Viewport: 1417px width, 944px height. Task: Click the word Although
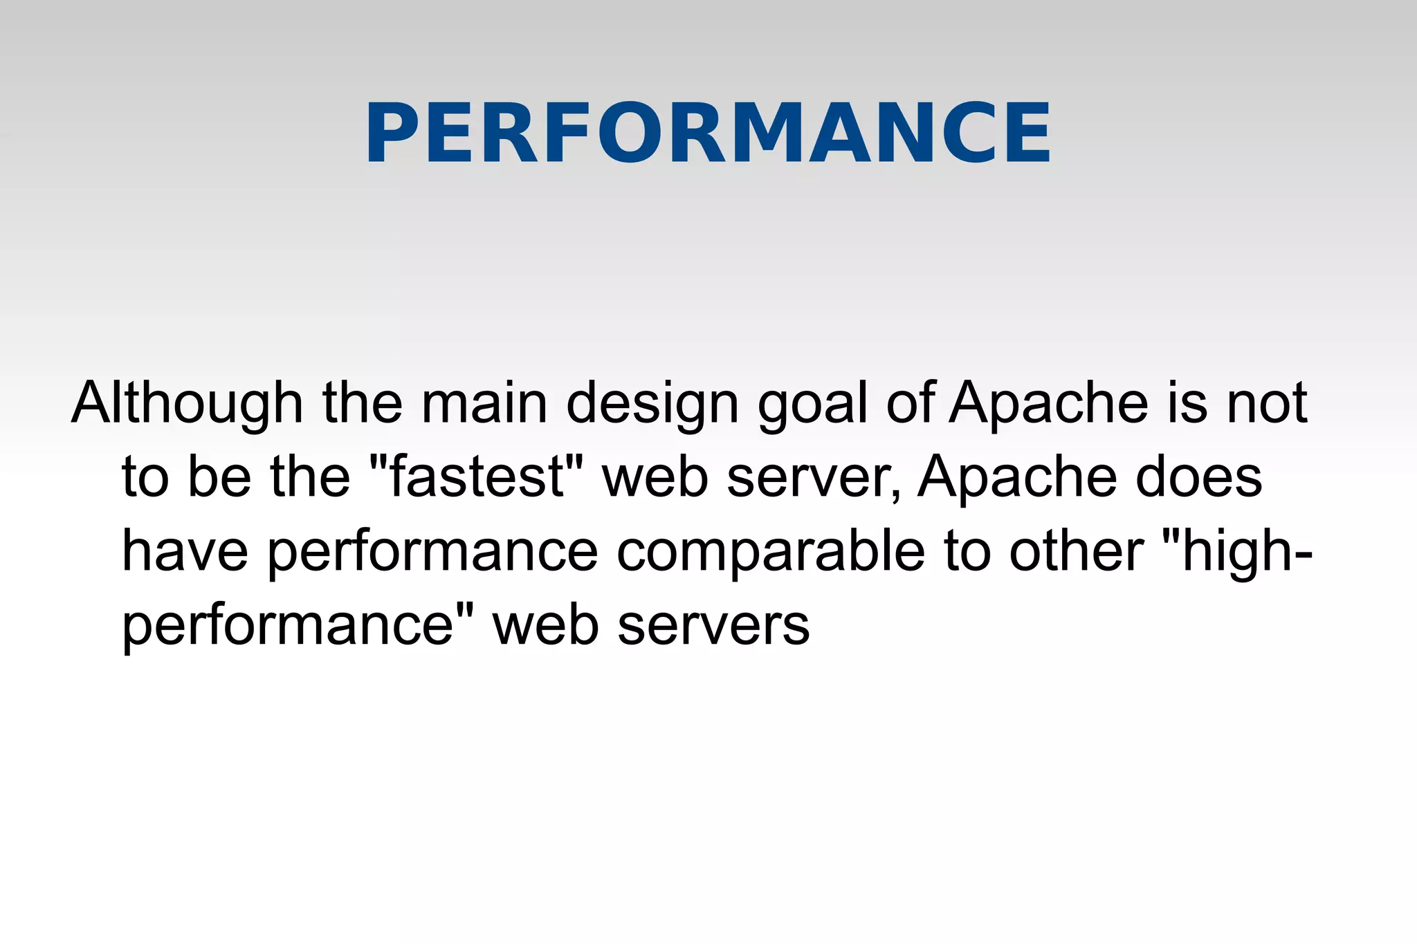pyautogui.click(x=188, y=403)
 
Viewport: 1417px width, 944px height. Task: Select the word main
pyautogui.click(x=484, y=403)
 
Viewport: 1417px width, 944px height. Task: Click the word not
pyautogui.click(x=1267, y=403)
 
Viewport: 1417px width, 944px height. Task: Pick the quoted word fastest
pyautogui.click(x=477, y=477)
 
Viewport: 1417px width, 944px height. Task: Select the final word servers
pyautogui.click(x=713, y=626)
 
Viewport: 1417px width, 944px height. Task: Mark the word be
pyautogui.click(x=219, y=477)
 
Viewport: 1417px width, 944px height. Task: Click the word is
pyautogui.click(x=1188, y=403)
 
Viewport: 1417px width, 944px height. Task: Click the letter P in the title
pyautogui.click(x=392, y=133)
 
